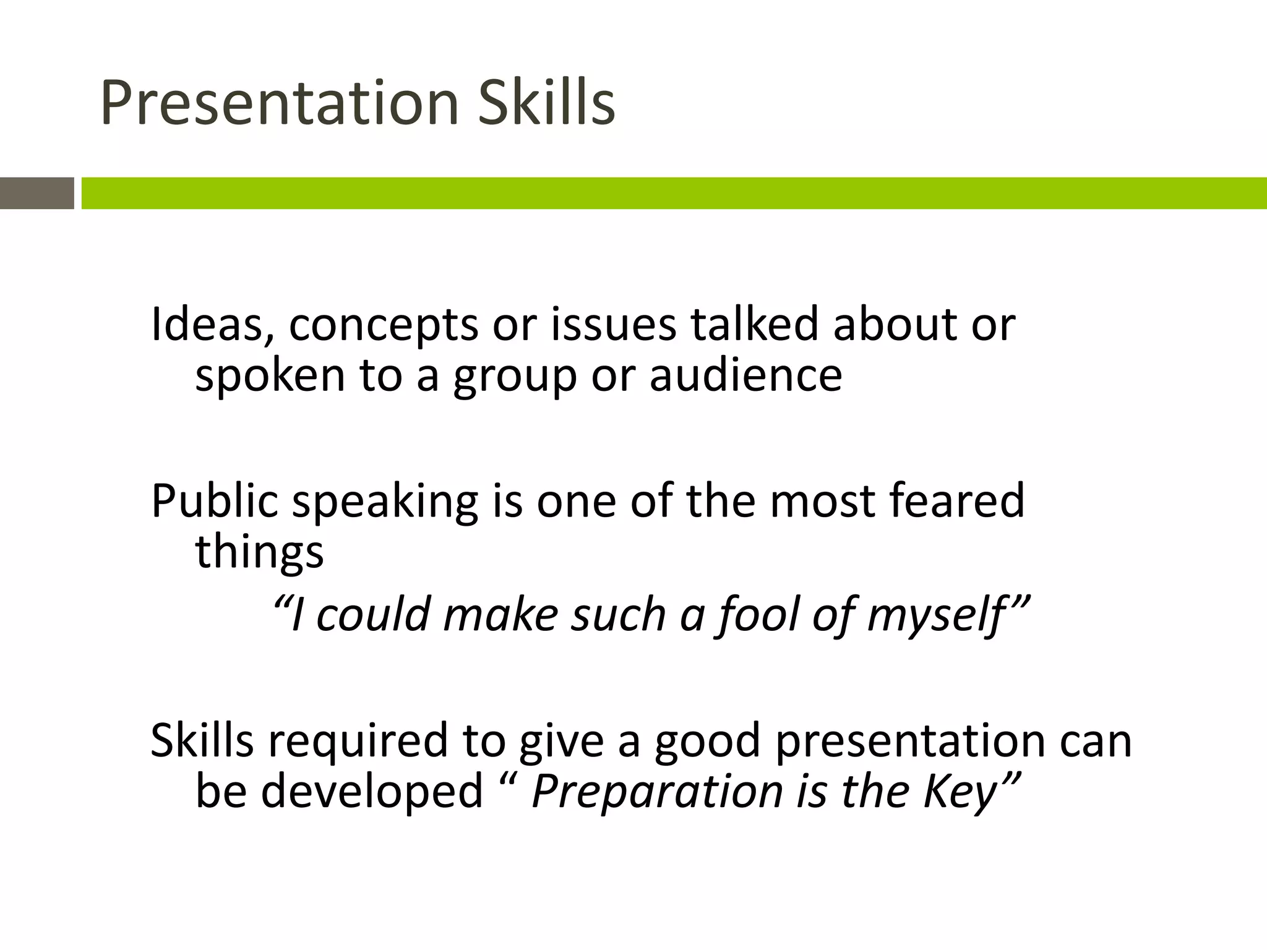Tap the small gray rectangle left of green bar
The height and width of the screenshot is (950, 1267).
coord(37,193)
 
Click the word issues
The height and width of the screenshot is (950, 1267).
coord(613,324)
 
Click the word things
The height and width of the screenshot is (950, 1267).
coord(259,552)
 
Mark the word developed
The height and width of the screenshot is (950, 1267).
coord(372,791)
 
